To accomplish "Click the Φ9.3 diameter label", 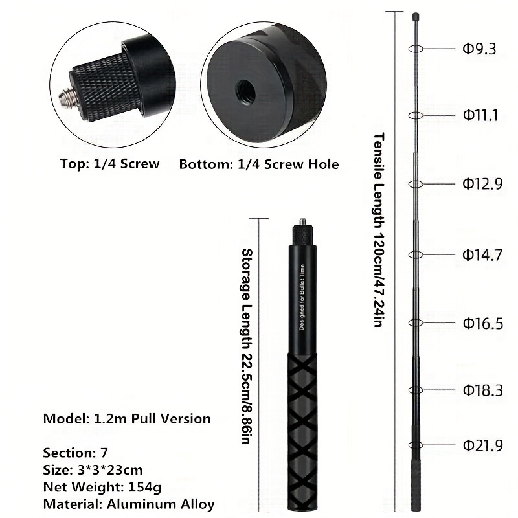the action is click(479, 49).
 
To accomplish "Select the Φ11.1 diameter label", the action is click(480, 115).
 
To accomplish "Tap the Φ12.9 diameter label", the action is click(482, 184).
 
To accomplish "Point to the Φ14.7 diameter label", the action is click(482, 254).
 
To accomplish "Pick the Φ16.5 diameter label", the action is click(483, 323).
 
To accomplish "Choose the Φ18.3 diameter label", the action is click(483, 390).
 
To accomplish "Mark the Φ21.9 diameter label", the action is click(483, 445).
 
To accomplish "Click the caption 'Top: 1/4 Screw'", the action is click(109, 164).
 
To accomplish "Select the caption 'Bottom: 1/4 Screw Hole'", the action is click(259, 164).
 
